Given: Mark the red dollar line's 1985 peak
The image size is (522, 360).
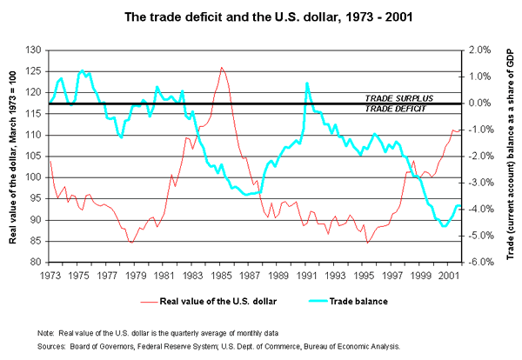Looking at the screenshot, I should [221, 67].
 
